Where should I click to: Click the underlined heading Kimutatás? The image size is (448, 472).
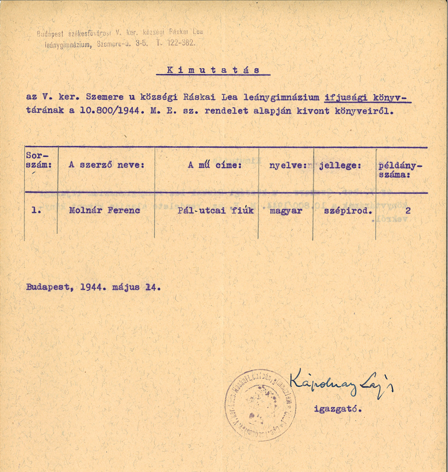click(x=213, y=70)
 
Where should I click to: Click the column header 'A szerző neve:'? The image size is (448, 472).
click(x=106, y=165)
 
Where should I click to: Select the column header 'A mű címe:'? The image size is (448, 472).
click(x=214, y=165)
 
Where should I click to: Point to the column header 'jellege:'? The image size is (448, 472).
click(x=340, y=166)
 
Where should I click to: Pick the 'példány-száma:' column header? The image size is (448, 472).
click(x=400, y=170)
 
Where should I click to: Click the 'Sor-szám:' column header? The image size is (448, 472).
click(x=40, y=160)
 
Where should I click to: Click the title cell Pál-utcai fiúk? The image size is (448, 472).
click(x=215, y=211)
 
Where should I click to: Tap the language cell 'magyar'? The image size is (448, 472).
click(x=286, y=212)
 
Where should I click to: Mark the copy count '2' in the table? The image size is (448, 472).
click(x=408, y=211)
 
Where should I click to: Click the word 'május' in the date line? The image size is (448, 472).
click(x=128, y=287)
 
